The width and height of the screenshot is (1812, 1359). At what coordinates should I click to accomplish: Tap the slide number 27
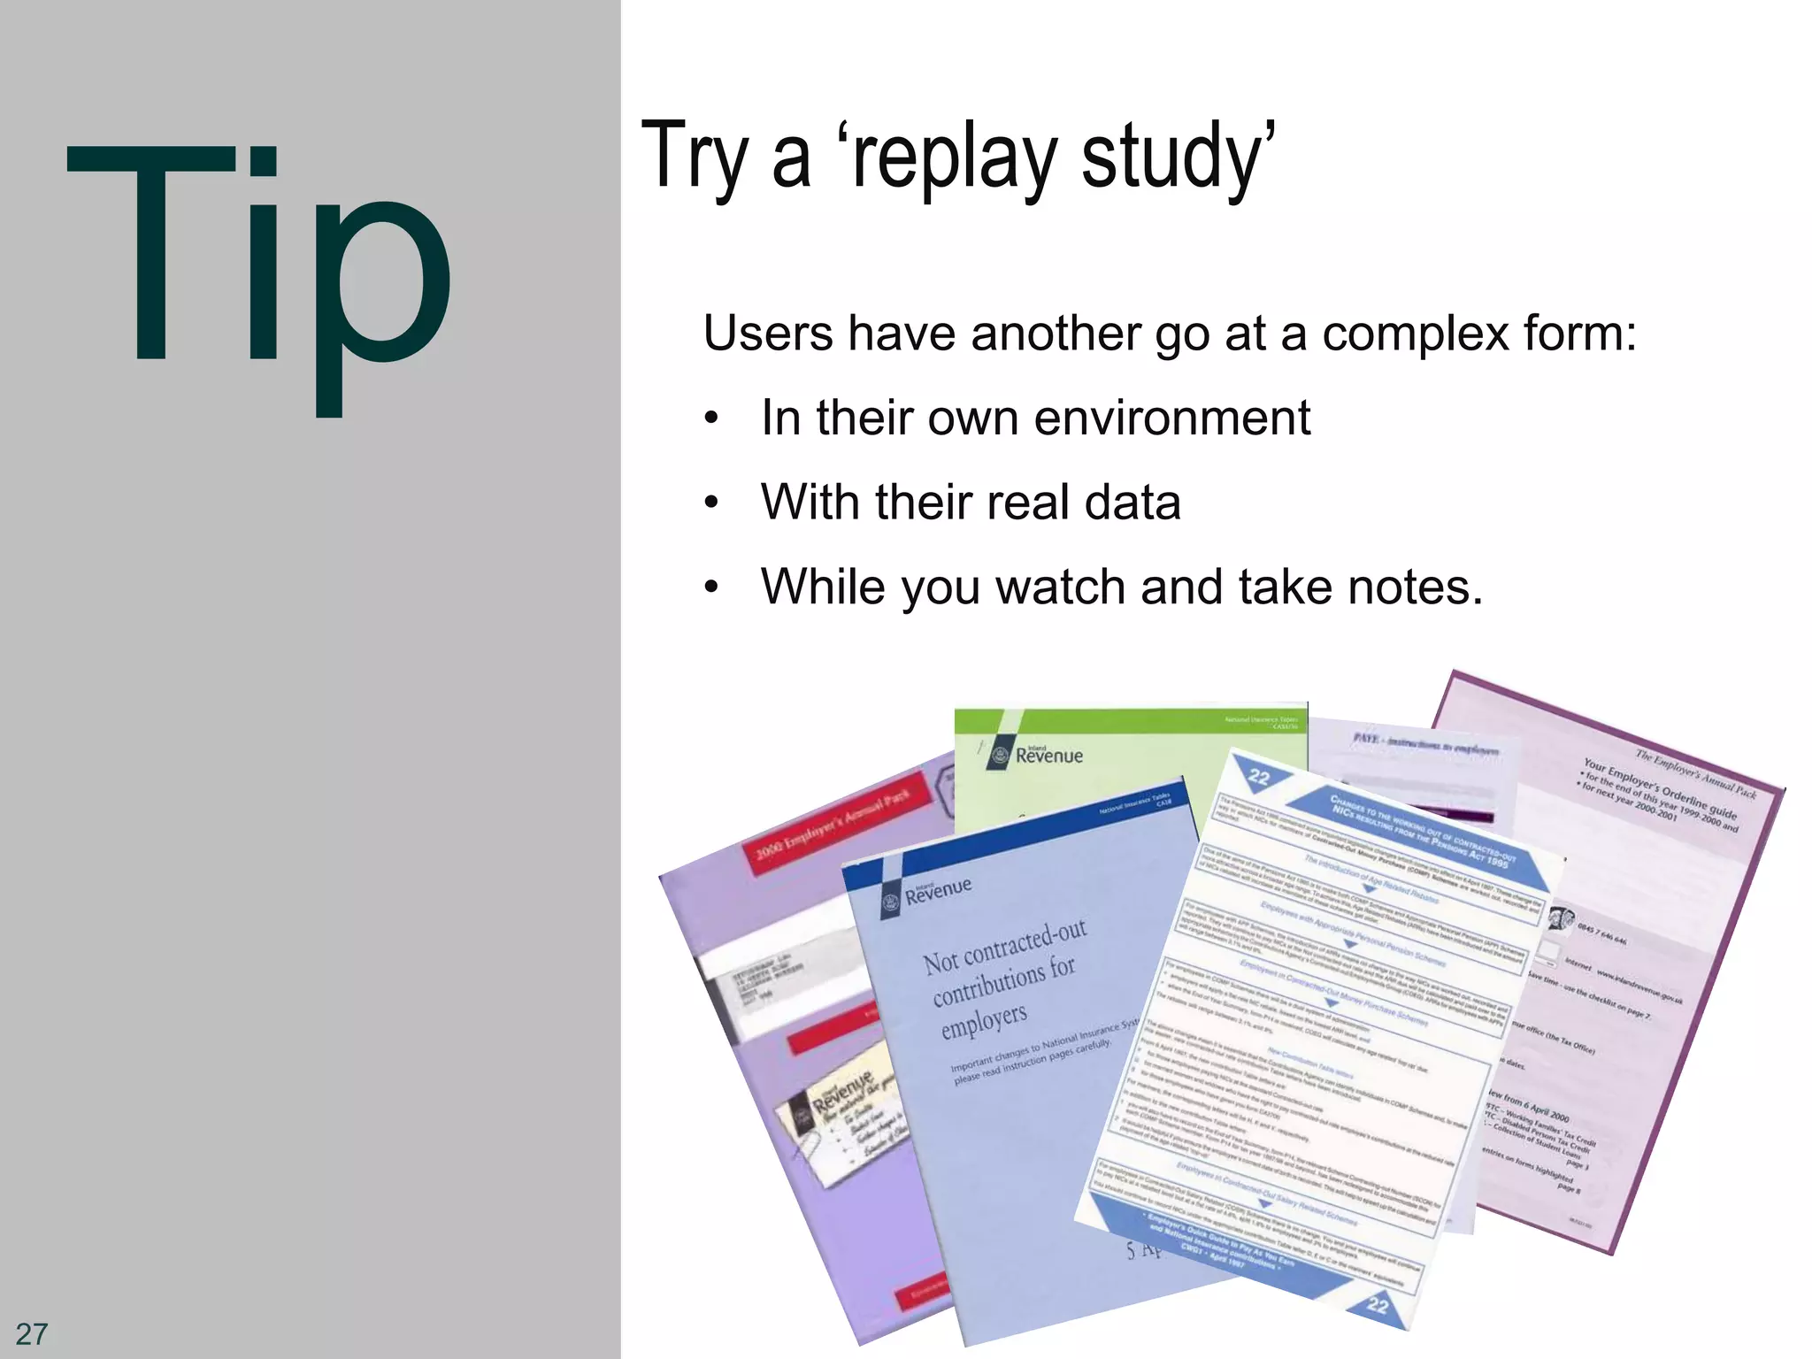(x=32, y=1333)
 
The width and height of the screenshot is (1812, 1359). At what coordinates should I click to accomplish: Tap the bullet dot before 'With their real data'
(x=711, y=503)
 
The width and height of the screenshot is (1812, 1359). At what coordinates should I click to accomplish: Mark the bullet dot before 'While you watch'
(x=711, y=587)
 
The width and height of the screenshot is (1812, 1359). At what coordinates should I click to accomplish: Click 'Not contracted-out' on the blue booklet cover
(x=1004, y=947)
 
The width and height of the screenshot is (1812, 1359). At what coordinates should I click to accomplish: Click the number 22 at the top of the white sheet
(x=1259, y=777)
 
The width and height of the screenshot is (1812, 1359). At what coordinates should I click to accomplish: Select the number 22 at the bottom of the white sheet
(x=1378, y=1304)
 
